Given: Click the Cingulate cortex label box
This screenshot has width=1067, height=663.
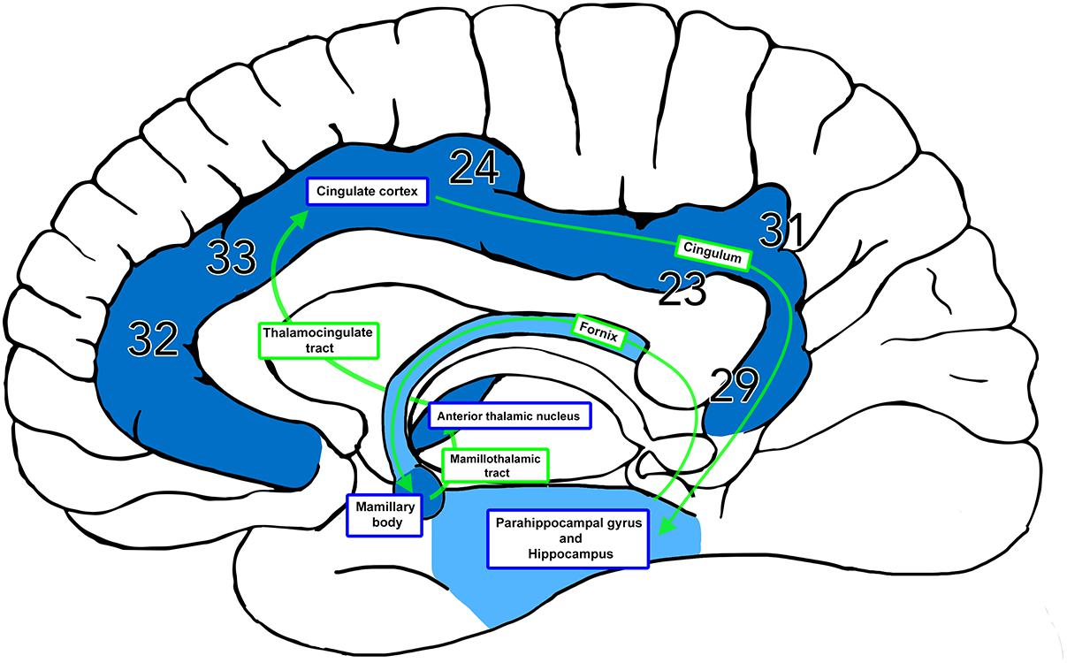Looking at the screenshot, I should tap(367, 191).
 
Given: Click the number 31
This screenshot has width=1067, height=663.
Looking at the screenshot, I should tap(781, 232).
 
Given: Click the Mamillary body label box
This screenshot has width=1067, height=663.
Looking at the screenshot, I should tap(385, 515).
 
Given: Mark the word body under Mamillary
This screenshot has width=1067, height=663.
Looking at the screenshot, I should tap(385, 523).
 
